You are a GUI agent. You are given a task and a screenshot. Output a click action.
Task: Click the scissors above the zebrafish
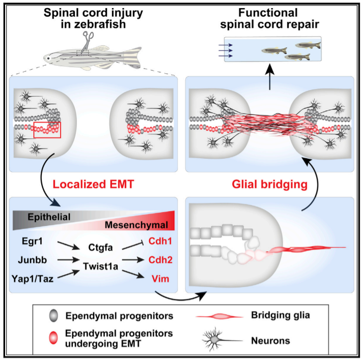click(x=88, y=42)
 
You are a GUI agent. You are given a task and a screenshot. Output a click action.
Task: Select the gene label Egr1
click(x=32, y=241)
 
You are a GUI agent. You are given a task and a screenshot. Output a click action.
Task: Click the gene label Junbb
click(x=33, y=260)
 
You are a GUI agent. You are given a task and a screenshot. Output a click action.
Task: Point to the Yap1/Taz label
click(x=33, y=279)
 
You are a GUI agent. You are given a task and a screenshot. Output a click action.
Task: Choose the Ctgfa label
click(x=100, y=248)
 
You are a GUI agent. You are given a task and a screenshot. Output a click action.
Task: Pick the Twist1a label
click(x=100, y=266)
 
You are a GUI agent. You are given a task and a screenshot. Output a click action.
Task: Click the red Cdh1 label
click(x=160, y=241)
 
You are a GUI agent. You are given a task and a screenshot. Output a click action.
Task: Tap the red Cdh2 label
click(x=160, y=260)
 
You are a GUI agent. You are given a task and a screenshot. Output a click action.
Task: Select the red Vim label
click(x=160, y=279)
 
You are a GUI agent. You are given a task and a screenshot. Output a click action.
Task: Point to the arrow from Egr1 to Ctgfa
click(x=69, y=246)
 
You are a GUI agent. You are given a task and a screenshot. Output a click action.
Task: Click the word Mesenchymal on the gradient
click(x=136, y=225)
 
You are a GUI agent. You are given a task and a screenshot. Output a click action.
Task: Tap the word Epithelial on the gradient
click(x=49, y=217)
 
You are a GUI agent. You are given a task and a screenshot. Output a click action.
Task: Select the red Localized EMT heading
click(x=93, y=184)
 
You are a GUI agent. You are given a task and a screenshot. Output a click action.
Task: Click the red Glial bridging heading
click(x=270, y=184)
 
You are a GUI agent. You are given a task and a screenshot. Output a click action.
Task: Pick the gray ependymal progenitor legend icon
click(x=53, y=316)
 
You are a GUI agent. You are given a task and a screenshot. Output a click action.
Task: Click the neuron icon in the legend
click(x=222, y=340)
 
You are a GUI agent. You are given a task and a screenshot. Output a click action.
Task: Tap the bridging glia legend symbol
click(x=219, y=316)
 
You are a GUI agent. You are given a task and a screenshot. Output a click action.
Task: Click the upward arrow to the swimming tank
click(x=270, y=77)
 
